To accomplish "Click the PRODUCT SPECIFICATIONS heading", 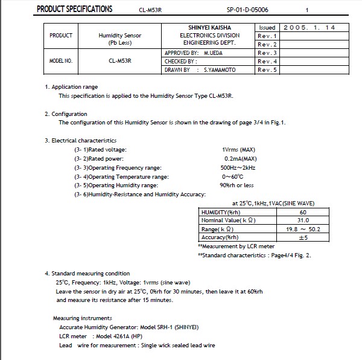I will click(75, 9).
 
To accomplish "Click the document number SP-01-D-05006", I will click(247, 10).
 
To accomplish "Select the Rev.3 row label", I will click(267, 53).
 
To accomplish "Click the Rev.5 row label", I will click(267, 70).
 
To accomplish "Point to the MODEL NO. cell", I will click(60, 62).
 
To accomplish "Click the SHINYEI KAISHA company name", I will click(210, 28).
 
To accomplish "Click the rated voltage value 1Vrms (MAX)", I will click(239, 149).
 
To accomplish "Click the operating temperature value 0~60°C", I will click(233, 176).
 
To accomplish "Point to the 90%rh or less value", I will click(237, 185).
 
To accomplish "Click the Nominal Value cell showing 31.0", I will click(302, 220).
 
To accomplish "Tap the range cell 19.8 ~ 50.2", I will click(303, 230).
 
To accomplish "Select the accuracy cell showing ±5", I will click(303, 238).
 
